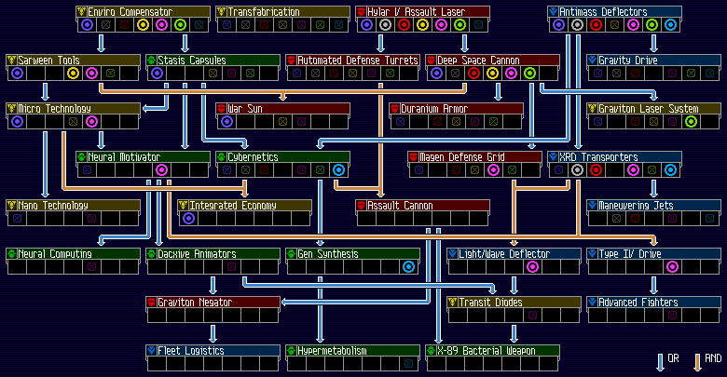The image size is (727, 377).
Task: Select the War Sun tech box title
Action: click(245, 108)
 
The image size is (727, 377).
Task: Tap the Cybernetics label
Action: click(253, 157)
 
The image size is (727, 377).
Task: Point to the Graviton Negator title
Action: click(195, 302)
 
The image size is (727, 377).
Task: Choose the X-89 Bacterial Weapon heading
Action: click(487, 351)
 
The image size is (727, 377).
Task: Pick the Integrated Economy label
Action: click(233, 205)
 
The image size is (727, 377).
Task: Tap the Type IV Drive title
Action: click(630, 254)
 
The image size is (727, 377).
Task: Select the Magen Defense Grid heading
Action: click(461, 157)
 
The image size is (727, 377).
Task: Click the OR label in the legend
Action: click(673, 358)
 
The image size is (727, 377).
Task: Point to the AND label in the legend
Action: click(713, 358)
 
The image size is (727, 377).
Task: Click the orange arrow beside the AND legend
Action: click(697, 362)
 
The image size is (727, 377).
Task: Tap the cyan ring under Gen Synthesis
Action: click(408, 267)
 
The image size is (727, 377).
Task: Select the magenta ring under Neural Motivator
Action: click(161, 170)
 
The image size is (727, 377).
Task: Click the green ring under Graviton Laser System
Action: click(691, 121)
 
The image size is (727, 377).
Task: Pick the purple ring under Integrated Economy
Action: click(188, 218)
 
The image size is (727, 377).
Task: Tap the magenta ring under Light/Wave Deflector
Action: click(532, 267)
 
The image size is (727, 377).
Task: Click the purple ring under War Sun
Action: click(226, 121)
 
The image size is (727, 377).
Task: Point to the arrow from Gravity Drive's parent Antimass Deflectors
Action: click(653, 43)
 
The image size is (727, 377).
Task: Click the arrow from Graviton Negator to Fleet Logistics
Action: click(213, 333)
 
